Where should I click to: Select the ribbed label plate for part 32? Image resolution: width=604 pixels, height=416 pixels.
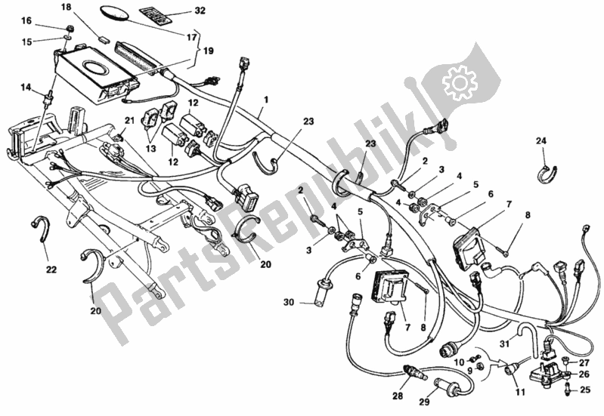(150, 15)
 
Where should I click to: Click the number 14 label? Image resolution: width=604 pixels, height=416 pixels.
(26, 88)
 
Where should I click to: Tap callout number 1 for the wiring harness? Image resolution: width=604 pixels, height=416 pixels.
(266, 100)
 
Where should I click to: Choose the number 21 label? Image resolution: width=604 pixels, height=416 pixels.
(129, 120)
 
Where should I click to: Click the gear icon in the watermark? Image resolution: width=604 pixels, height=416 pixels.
(457, 80)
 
